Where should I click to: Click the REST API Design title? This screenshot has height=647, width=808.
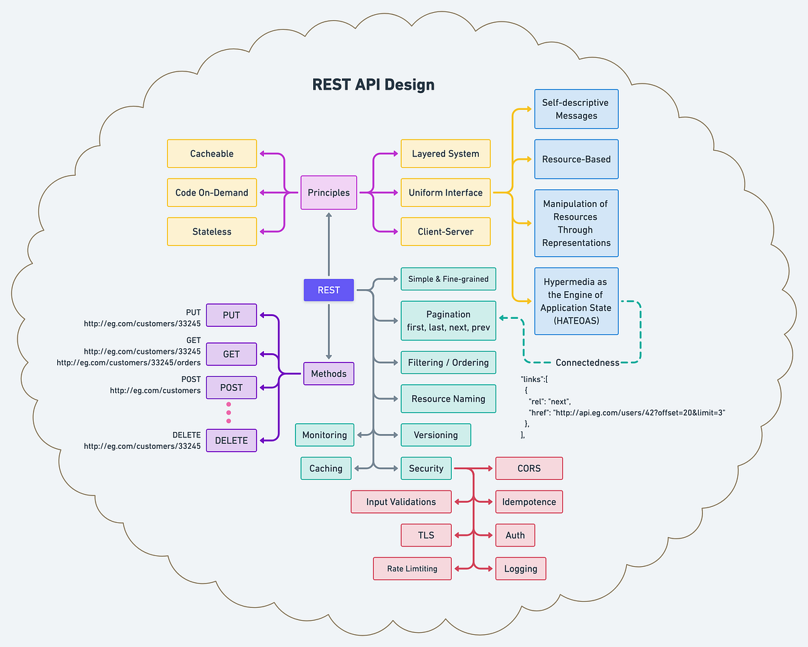pos(373,85)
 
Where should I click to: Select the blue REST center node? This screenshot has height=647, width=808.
pos(329,290)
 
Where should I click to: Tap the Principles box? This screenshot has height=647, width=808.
pos(329,193)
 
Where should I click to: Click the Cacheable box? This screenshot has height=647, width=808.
pos(211,154)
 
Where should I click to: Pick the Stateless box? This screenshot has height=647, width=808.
pos(211,232)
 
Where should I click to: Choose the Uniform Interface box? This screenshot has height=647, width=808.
pos(445,193)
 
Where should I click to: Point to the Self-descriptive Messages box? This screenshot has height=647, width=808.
pos(576,109)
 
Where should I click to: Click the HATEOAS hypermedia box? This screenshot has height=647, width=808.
pos(576,301)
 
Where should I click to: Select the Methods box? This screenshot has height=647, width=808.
pos(329,373)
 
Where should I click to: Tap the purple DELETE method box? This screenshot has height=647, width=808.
pos(231,441)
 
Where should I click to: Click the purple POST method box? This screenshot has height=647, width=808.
pos(231,388)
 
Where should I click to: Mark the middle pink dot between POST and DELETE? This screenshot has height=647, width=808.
pos(228,412)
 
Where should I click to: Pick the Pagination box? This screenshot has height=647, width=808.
pos(448,321)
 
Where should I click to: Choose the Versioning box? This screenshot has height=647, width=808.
pos(436,435)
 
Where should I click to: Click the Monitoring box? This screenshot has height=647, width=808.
pos(324,435)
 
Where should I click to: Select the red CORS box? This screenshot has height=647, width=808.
pos(529,468)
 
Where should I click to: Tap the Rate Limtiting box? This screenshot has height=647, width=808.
pos(412,569)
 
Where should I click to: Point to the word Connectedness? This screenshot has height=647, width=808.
pos(587,363)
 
